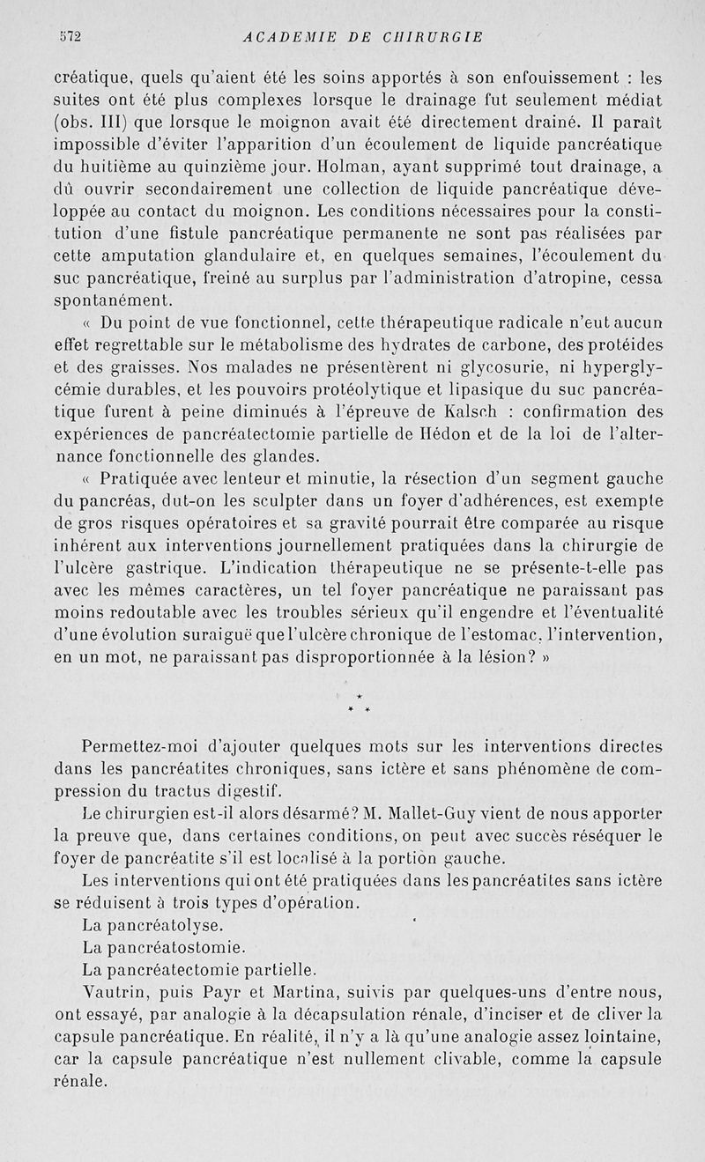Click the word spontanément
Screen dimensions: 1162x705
pyautogui.click(x=114, y=300)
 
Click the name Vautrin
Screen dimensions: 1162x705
pyautogui.click(x=114, y=994)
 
